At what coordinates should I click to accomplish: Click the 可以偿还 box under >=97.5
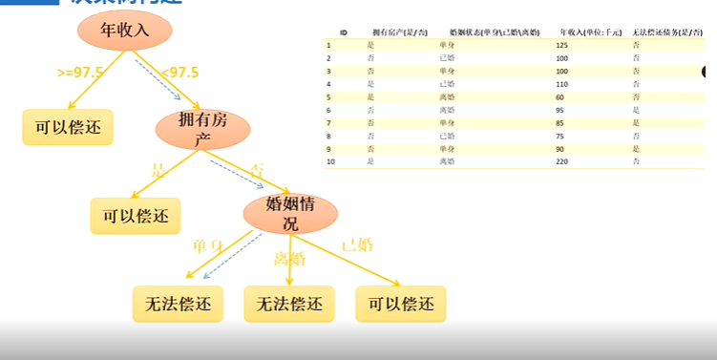(68, 126)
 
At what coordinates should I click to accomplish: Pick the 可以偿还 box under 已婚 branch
(401, 304)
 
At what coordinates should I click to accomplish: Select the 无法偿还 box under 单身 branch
(177, 304)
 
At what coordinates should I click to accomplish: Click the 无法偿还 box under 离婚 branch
(289, 304)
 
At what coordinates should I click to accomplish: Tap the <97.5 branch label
(179, 73)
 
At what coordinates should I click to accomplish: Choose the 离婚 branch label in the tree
(289, 258)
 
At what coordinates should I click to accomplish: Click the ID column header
(330, 32)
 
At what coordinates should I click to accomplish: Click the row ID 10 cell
(329, 162)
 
